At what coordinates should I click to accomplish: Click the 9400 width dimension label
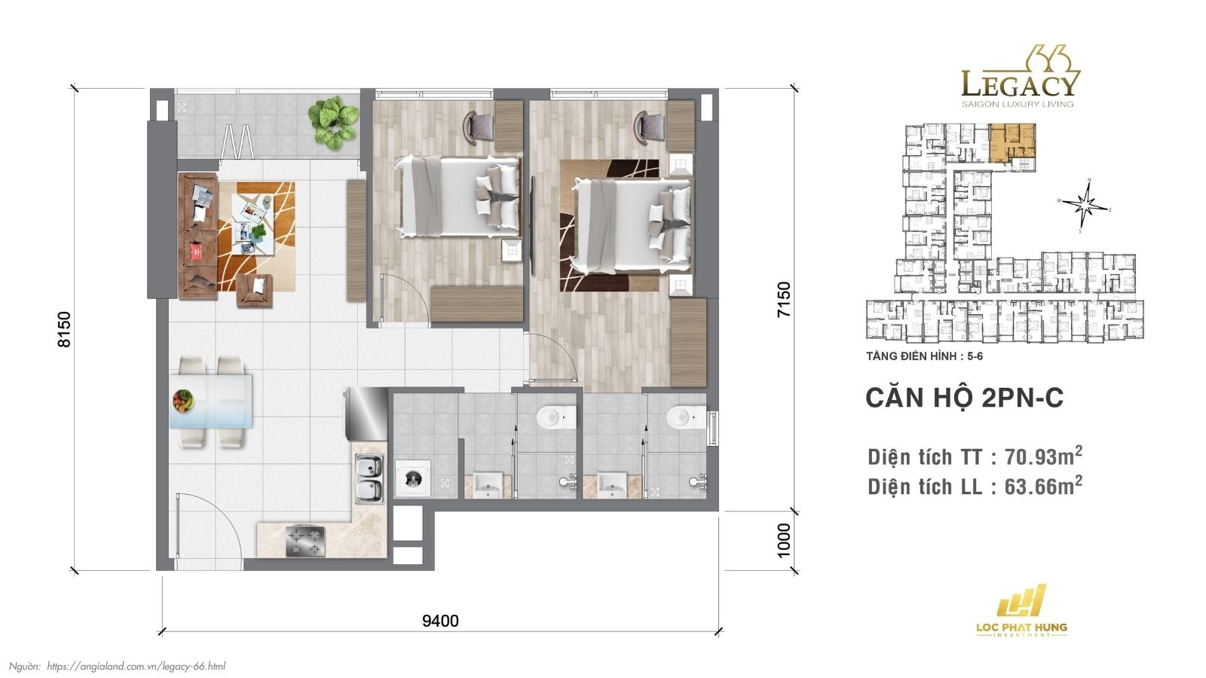click(440, 621)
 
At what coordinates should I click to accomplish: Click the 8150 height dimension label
click(65, 329)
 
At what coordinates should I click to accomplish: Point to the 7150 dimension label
click(785, 299)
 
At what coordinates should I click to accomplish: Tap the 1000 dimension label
click(785, 540)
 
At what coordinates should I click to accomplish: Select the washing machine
click(412, 478)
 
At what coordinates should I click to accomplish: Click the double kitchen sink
click(369, 480)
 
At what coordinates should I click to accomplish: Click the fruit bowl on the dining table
click(183, 400)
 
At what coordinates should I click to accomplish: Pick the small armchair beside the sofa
click(254, 290)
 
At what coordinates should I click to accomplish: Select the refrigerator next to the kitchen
click(365, 413)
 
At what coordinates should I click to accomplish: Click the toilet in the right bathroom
click(684, 415)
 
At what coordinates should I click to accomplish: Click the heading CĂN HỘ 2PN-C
click(964, 398)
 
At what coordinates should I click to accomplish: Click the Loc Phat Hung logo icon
click(1021, 600)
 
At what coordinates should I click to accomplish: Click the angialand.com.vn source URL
click(136, 666)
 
